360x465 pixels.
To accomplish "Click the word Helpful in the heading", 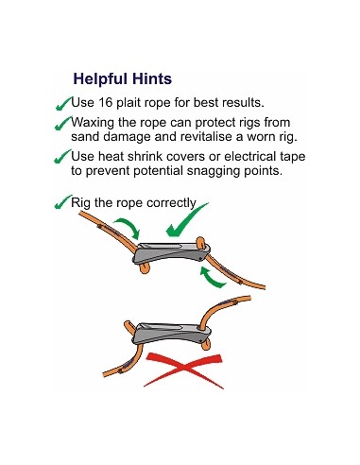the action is click(100, 79).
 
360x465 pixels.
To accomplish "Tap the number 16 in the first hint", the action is click(106, 102).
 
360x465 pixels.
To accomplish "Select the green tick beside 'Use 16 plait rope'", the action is click(64, 104).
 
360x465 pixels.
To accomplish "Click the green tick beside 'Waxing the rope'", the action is click(63, 123).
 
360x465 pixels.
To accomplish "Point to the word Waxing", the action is click(93, 123).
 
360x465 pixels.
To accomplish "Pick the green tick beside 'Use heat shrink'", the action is click(62, 157).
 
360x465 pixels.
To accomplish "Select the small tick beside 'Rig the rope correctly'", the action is click(63, 202).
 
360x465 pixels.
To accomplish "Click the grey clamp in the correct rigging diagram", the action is click(172, 253).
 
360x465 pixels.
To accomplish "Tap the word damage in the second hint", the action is click(128, 137).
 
